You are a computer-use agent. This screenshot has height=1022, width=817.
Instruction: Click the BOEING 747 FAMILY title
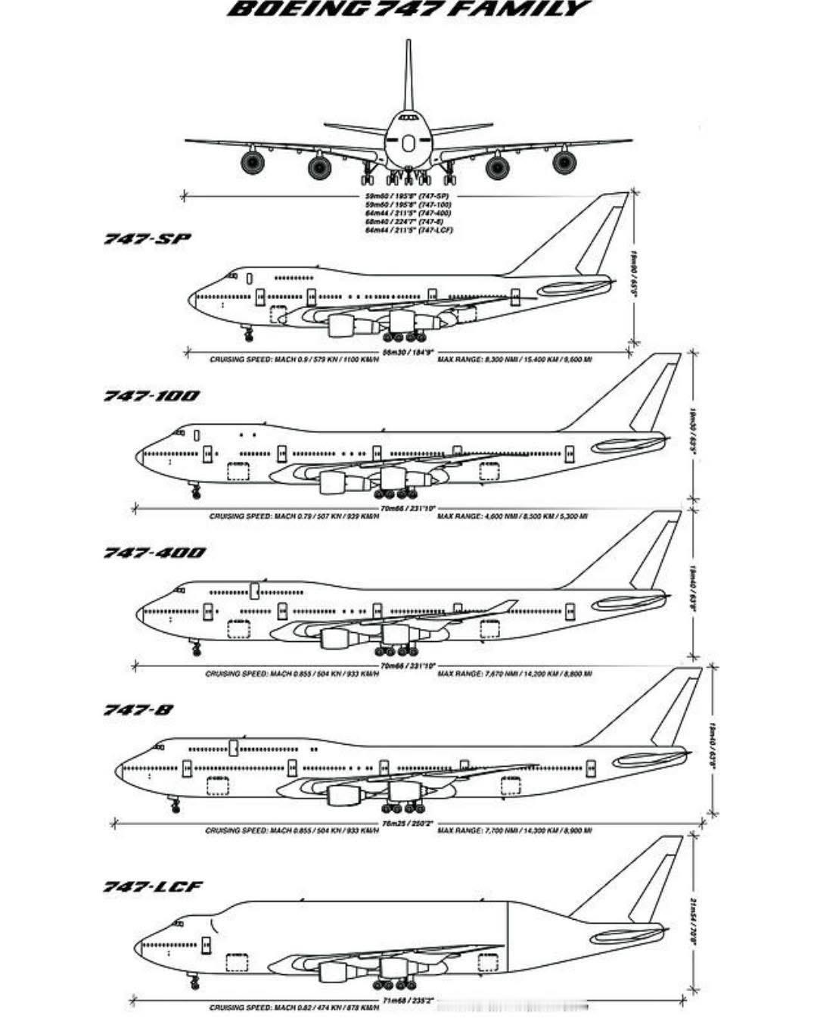[409, 9]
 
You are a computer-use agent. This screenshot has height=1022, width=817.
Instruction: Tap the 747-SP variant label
[148, 239]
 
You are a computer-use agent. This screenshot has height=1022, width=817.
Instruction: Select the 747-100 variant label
[152, 396]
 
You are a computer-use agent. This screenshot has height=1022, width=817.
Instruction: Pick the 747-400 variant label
[154, 553]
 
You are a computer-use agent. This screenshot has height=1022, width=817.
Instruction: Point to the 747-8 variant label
[138, 710]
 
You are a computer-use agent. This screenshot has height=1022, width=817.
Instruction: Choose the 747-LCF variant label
[154, 886]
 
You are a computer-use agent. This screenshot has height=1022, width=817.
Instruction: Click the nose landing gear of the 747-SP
[247, 333]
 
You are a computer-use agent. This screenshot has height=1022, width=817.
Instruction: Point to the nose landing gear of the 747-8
[176, 804]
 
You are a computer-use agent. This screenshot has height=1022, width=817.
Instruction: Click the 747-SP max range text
[514, 359]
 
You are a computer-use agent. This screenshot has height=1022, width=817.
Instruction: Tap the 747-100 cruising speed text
[294, 516]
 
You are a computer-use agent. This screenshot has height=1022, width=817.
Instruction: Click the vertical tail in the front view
[408, 76]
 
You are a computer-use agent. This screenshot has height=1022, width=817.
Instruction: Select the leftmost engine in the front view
[252, 162]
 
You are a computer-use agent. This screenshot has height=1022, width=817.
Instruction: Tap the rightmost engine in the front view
[564, 162]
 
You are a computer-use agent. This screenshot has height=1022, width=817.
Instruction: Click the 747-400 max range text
[514, 673]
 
